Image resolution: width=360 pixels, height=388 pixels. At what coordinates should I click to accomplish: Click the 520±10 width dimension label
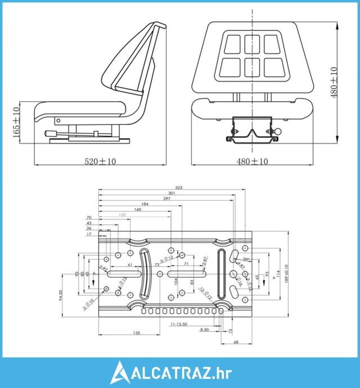coord(100,161)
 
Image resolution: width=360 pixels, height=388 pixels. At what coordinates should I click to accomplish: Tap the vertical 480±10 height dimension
coord(334,83)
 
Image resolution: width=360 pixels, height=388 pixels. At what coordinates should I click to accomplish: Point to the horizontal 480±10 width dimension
coord(252,161)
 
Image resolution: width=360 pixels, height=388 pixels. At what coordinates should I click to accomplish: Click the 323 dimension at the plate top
coord(179,187)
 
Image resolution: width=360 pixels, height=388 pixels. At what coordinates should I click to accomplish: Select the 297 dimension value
coord(167,199)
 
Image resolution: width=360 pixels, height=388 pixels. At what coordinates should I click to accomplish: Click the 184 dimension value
coord(145,205)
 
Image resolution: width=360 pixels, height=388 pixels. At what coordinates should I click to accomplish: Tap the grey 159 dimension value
coord(123,215)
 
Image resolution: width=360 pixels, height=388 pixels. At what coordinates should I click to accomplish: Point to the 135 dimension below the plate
coord(137,333)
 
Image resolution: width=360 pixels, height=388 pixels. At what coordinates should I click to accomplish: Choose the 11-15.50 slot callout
coord(179,324)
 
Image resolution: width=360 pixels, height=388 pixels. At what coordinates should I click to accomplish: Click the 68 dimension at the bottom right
coord(235,342)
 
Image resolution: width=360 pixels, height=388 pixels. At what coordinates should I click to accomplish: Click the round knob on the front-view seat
coord(278,132)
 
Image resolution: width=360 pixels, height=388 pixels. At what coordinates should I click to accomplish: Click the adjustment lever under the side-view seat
coord(56,133)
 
